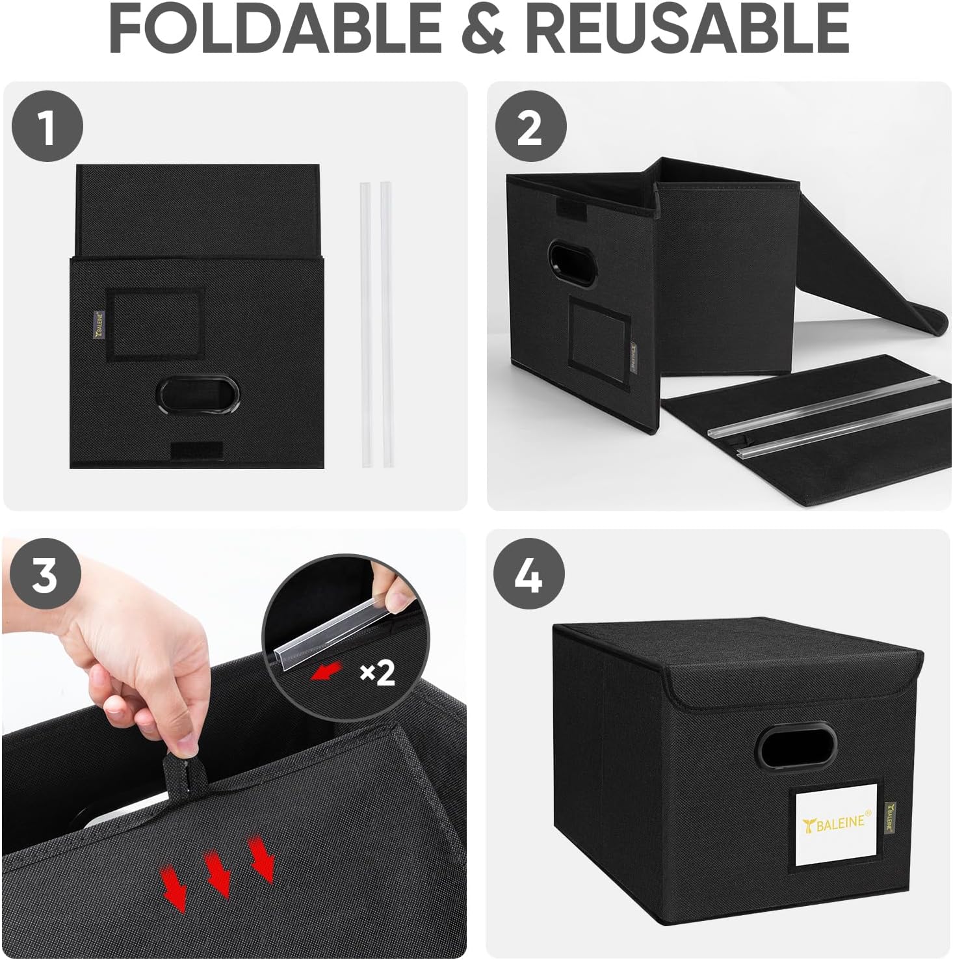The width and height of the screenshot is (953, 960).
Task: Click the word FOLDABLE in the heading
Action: pos(275,28)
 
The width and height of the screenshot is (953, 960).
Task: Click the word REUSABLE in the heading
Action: pos(686,28)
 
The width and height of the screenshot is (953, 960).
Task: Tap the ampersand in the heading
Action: pos(484,29)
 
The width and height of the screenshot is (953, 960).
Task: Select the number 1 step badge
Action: pos(47,127)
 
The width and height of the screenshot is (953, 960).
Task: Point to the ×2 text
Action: pos(378,673)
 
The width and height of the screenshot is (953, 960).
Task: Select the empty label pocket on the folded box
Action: pos(155,324)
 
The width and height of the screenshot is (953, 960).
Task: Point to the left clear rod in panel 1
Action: pos(367,325)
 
